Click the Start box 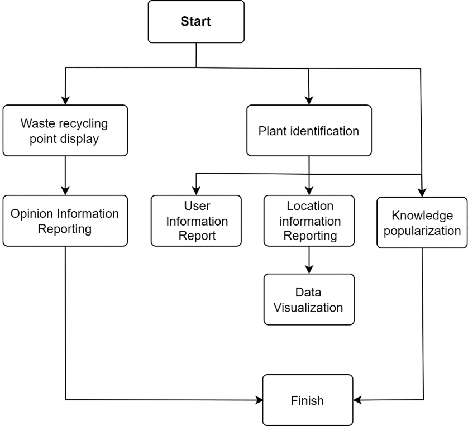(x=196, y=21)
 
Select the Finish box (x=308, y=400)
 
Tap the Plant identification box (x=309, y=130)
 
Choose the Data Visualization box (x=309, y=299)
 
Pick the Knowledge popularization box (x=422, y=223)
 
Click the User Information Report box (x=196, y=221)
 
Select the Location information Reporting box (x=309, y=221)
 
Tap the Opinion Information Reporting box (x=65, y=221)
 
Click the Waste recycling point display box (x=65, y=130)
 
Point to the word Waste (x=37, y=123)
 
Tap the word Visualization (x=308, y=308)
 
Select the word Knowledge (x=422, y=216)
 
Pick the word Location (x=310, y=206)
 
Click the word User (x=197, y=206)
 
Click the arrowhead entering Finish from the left (x=259, y=400)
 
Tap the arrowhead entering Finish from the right (x=357, y=400)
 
